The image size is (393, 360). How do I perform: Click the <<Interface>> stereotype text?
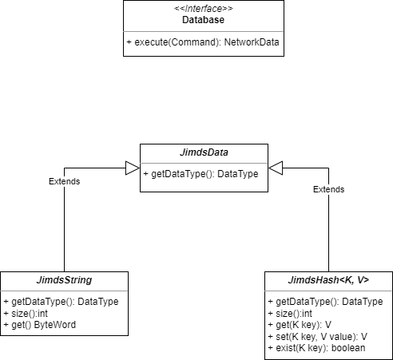pyautogui.click(x=203, y=9)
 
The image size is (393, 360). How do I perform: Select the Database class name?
pyautogui.click(x=203, y=20)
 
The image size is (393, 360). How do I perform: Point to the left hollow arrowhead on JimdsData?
pyautogui.click(x=133, y=168)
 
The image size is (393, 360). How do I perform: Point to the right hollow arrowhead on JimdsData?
pyautogui.click(x=276, y=168)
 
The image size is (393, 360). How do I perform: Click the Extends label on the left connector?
pyautogui.click(x=65, y=181)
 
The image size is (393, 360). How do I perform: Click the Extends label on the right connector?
pyautogui.click(x=328, y=189)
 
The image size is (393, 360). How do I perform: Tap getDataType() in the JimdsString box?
pyautogui.click(x=61, y=302)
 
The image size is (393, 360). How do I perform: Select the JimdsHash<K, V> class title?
pyautogui.click(x=327, y=279)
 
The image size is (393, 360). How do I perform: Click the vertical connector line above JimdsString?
pyautogui.click(x=65, y=231)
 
